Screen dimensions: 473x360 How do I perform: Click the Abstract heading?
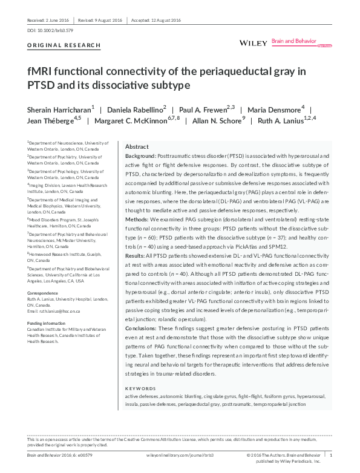click(137, 147)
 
